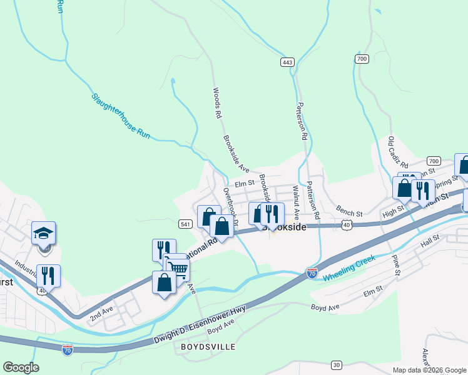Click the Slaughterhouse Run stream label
pyautogui.click(x=121, y=116)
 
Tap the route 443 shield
pyautogui.click(x=287, y=62)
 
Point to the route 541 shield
pyautogui.click(x=185, y=224)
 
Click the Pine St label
pyautogui.click(x=395, y=264)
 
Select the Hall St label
pyautogui.click(x=430, y=242)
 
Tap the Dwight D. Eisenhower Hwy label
pyautogui.click(x=200, y=326)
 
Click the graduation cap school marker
pyautogui.click(x=44, y=233)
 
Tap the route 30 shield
pyautogui.click(x=337, y=364)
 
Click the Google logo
pyautogui.click(x=21, y=367)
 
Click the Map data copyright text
pyautogui.click(x=429, y=370)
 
